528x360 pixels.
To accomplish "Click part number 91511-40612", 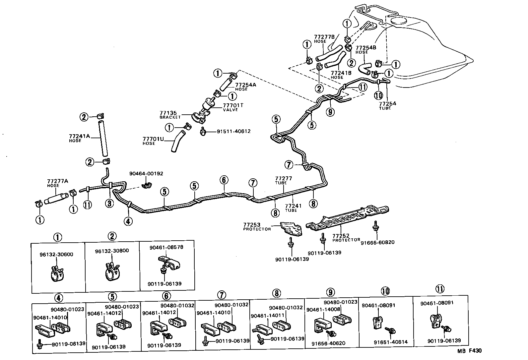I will click(x=233, y=131).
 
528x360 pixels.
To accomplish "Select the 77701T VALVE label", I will click(x=233, y=107).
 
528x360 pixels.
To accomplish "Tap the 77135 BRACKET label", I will click(x=170, y=115).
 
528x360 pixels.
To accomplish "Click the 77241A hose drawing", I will click(x=103, y=139).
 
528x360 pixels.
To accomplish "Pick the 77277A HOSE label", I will click(x=57, y=183).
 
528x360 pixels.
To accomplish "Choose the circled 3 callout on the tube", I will click(x=110, y=203).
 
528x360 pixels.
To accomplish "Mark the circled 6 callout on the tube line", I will click(x=224, y=180).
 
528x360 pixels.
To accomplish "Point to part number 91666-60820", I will click(x=377, y=242).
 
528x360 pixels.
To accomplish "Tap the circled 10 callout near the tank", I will click(x=378, y=95).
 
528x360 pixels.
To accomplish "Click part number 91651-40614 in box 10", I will click(x=390, y=342).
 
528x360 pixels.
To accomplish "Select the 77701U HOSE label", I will click(x=153, y=141).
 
